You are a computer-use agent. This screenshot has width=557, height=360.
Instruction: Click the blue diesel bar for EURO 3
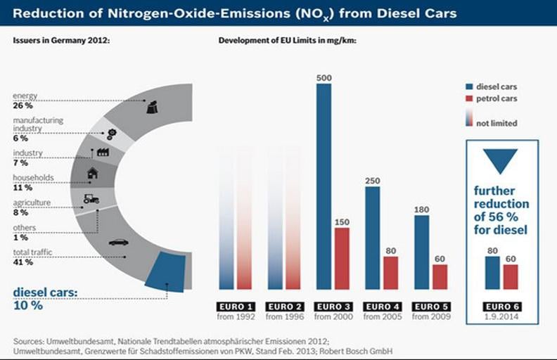[x=324, y=186]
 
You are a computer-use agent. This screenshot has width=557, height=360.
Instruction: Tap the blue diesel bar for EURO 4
[x=373, y=238]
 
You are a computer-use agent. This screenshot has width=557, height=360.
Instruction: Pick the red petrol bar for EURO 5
[x=440, y=276]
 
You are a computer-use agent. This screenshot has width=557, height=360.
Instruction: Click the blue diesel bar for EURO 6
[x=492, y=273]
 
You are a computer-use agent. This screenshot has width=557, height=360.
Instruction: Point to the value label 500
[x=324, y=78]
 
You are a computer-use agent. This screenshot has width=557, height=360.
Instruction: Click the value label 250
[x=373, y=181]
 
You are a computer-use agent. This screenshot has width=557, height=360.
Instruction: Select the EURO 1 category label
[x=234, y=307]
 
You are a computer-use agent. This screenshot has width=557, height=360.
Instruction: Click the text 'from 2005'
[x=382, y=317]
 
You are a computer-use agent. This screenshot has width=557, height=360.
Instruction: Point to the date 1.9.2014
[x=501, y=317]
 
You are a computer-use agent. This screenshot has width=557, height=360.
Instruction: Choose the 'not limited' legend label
[x=497, y=123]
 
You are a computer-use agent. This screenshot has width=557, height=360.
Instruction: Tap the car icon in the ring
[x=119, y=243]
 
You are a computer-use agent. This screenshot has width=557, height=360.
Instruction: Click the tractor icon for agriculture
[x=91, y=198]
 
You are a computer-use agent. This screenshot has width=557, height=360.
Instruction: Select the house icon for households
[x=92, y=173]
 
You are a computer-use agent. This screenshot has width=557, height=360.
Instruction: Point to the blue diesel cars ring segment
[x=166, y=272]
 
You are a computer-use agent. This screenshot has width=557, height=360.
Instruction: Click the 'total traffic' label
[x=32, y=252]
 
